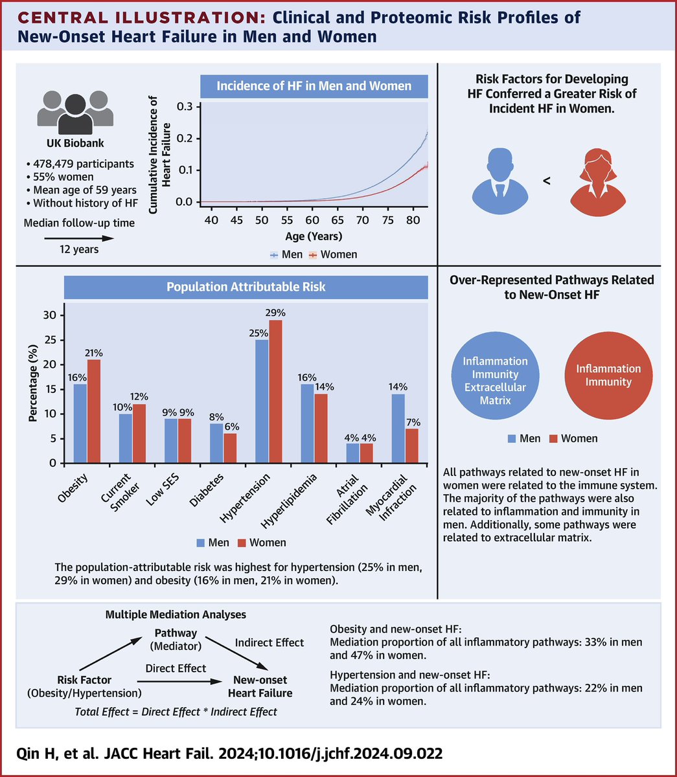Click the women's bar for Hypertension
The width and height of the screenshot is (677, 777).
point(276,391)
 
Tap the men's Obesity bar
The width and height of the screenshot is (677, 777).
point(80,423)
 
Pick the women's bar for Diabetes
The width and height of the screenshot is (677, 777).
point(231,448)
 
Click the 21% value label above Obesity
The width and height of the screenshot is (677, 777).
point(94,353)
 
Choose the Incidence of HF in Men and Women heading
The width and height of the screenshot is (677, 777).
point(314,85)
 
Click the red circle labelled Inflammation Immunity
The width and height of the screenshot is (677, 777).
point(608,375)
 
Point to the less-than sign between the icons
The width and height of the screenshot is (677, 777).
point(546,182)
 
